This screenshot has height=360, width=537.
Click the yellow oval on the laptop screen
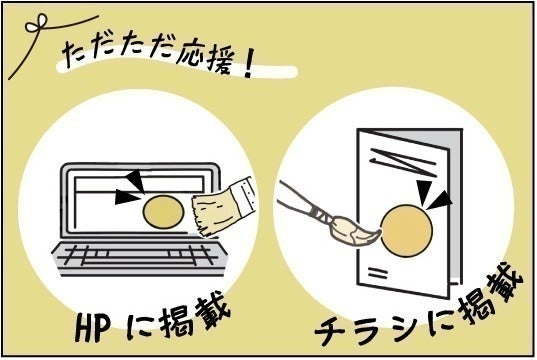[163, 211]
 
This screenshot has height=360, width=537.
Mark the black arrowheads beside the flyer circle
[431, 197]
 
